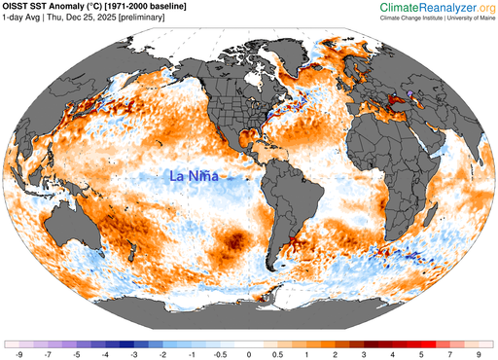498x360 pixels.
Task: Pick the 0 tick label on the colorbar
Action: [x=249, y=355]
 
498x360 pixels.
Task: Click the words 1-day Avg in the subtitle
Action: [x=23, y=20]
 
